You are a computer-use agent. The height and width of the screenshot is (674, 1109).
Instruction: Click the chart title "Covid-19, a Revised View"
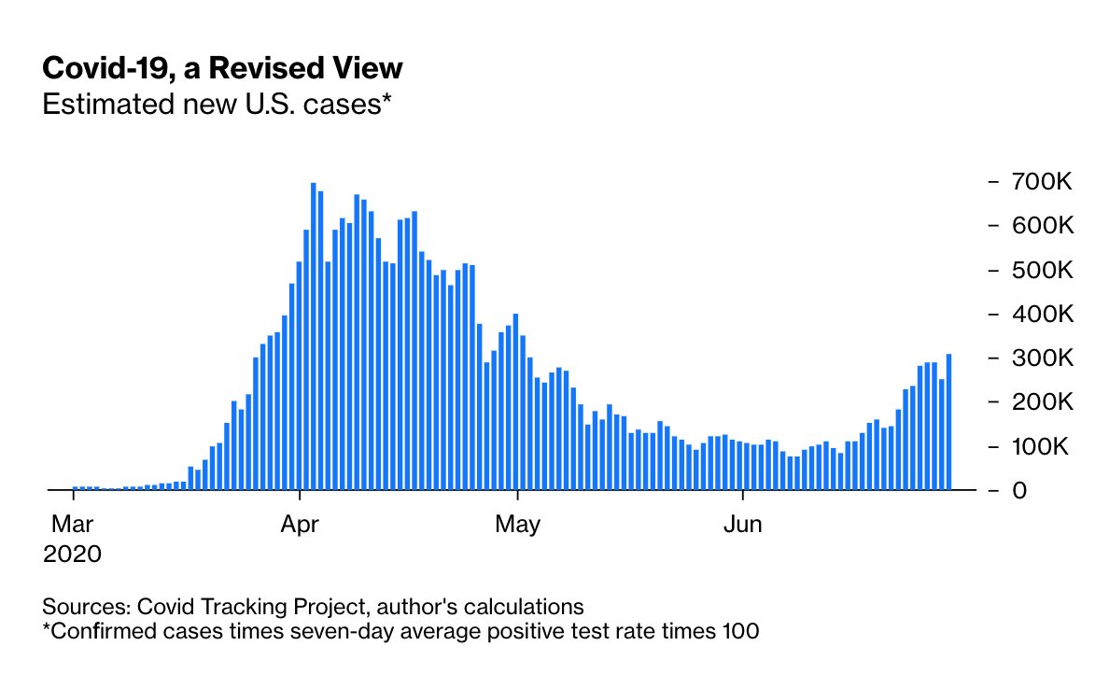(223, 68)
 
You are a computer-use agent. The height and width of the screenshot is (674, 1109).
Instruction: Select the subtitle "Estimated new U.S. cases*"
(216, 104)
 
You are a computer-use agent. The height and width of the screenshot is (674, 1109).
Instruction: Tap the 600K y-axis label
(1043, 226)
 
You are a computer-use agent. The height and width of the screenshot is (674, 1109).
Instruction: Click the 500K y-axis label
(1043, 270)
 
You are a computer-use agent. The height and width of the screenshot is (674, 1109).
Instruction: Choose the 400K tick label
(1043, 314)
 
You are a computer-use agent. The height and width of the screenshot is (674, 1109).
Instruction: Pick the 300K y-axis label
(1043, 358)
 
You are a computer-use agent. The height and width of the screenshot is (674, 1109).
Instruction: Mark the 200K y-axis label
(1043, 402)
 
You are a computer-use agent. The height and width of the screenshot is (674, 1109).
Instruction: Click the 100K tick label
(1043, 446)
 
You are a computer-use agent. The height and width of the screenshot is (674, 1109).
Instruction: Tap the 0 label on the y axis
(1020, 490)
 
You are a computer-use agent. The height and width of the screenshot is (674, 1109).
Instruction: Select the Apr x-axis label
(300, 524)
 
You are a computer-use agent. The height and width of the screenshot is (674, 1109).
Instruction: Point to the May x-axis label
(518, 524)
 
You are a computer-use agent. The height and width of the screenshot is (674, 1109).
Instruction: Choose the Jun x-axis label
(743, 524)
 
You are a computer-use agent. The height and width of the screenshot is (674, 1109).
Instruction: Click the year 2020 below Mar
(72, 554)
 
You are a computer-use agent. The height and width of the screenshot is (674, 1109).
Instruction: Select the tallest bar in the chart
(313, 336)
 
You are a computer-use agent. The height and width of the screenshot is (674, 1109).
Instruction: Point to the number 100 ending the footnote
(741, 631)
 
